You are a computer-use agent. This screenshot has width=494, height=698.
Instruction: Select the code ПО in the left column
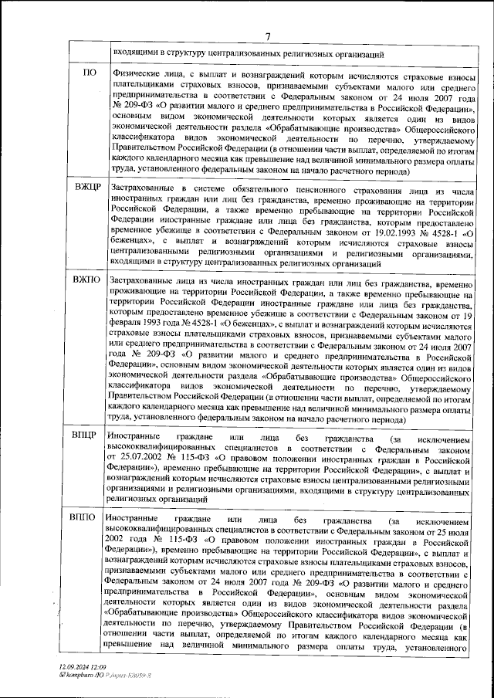(x=90, y=73)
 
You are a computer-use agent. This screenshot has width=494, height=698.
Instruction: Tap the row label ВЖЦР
(x=89, y=188)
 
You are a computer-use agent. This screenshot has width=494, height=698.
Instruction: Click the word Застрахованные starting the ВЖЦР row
(x=143, y=188)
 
